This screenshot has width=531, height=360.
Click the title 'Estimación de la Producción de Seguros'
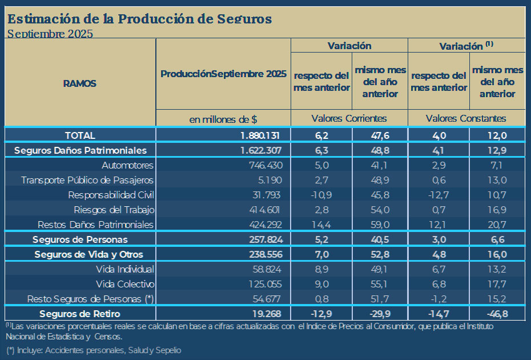tap(139, 18)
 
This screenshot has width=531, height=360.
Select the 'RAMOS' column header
tap(80, 83)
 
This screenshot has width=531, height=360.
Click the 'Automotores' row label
tap(128, 165)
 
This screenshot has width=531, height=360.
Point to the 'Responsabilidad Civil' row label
tap(111, 195)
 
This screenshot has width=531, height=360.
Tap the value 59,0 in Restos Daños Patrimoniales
tap(380, 225)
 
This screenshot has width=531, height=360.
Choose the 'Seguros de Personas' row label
tap(80, 239)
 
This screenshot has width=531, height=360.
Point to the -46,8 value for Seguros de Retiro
tap(497, 314)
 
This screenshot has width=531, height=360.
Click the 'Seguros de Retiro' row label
tap(80, 314)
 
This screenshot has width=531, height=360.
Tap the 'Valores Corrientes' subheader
tap(349, 118)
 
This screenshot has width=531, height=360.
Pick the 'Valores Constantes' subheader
tap(466, 118)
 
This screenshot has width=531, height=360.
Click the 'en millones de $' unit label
tap(223, 119)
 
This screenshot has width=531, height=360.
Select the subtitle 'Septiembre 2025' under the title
tap(50, 33)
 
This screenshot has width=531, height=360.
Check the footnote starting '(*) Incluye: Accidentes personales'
tap(94, 350)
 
